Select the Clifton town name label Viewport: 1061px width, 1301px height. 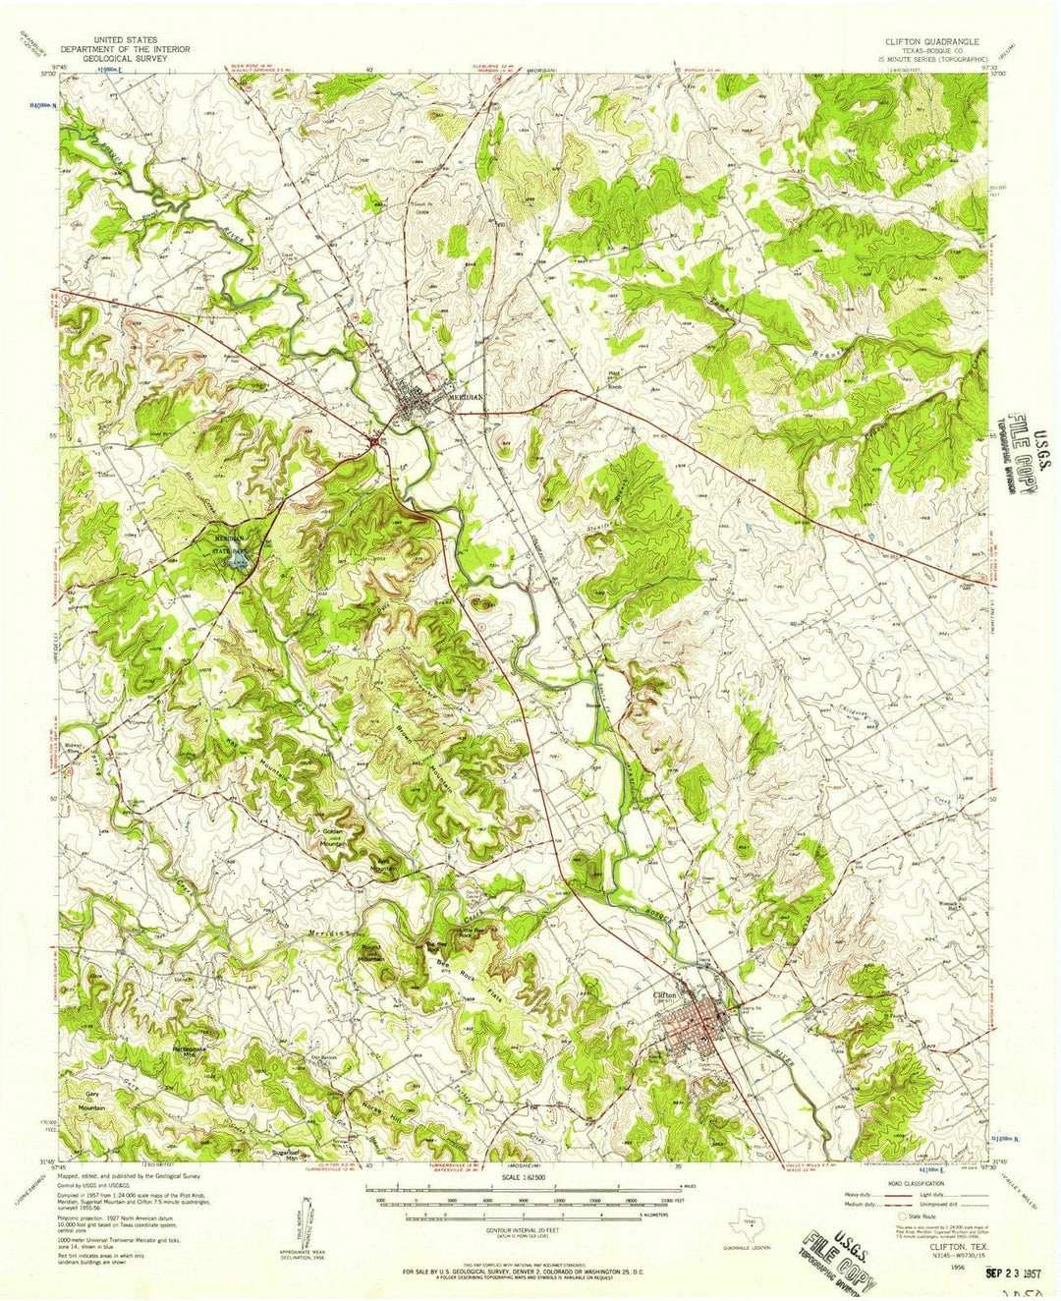coord(665,994)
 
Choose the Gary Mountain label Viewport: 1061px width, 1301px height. coord(93,1101)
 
